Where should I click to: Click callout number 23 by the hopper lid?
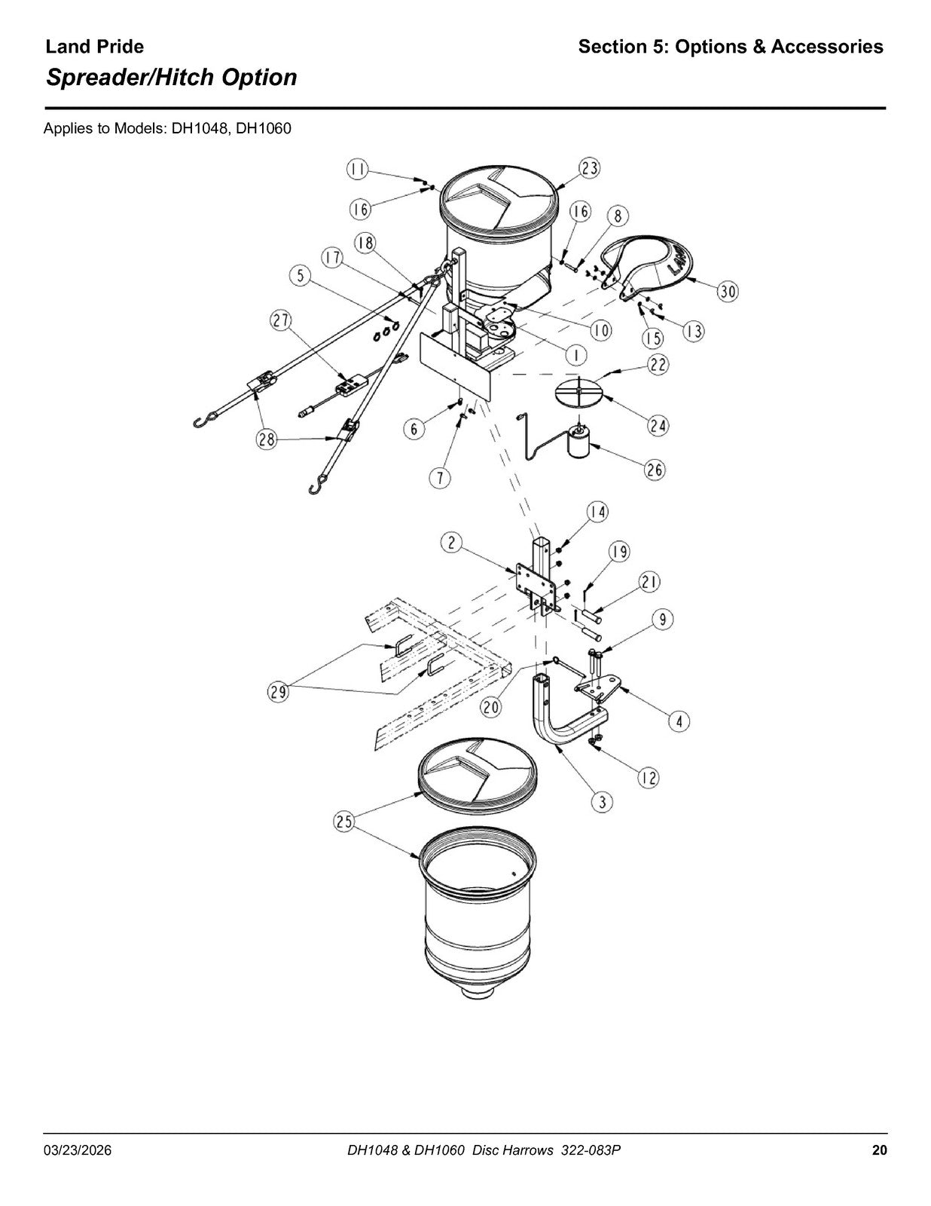[590, 167]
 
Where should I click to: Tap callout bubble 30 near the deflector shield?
[728, 292]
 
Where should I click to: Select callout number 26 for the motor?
[655, 470]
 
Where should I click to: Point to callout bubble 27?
[281, 321]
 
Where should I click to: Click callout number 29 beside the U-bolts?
[279, 692]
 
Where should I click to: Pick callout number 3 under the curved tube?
[602, 801]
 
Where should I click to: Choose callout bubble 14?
[597, 512]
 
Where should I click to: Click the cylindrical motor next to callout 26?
[578, 440]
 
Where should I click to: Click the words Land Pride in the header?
[94, 47]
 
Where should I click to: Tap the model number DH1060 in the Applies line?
[264, 129]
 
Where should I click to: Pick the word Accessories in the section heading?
[827, 47]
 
